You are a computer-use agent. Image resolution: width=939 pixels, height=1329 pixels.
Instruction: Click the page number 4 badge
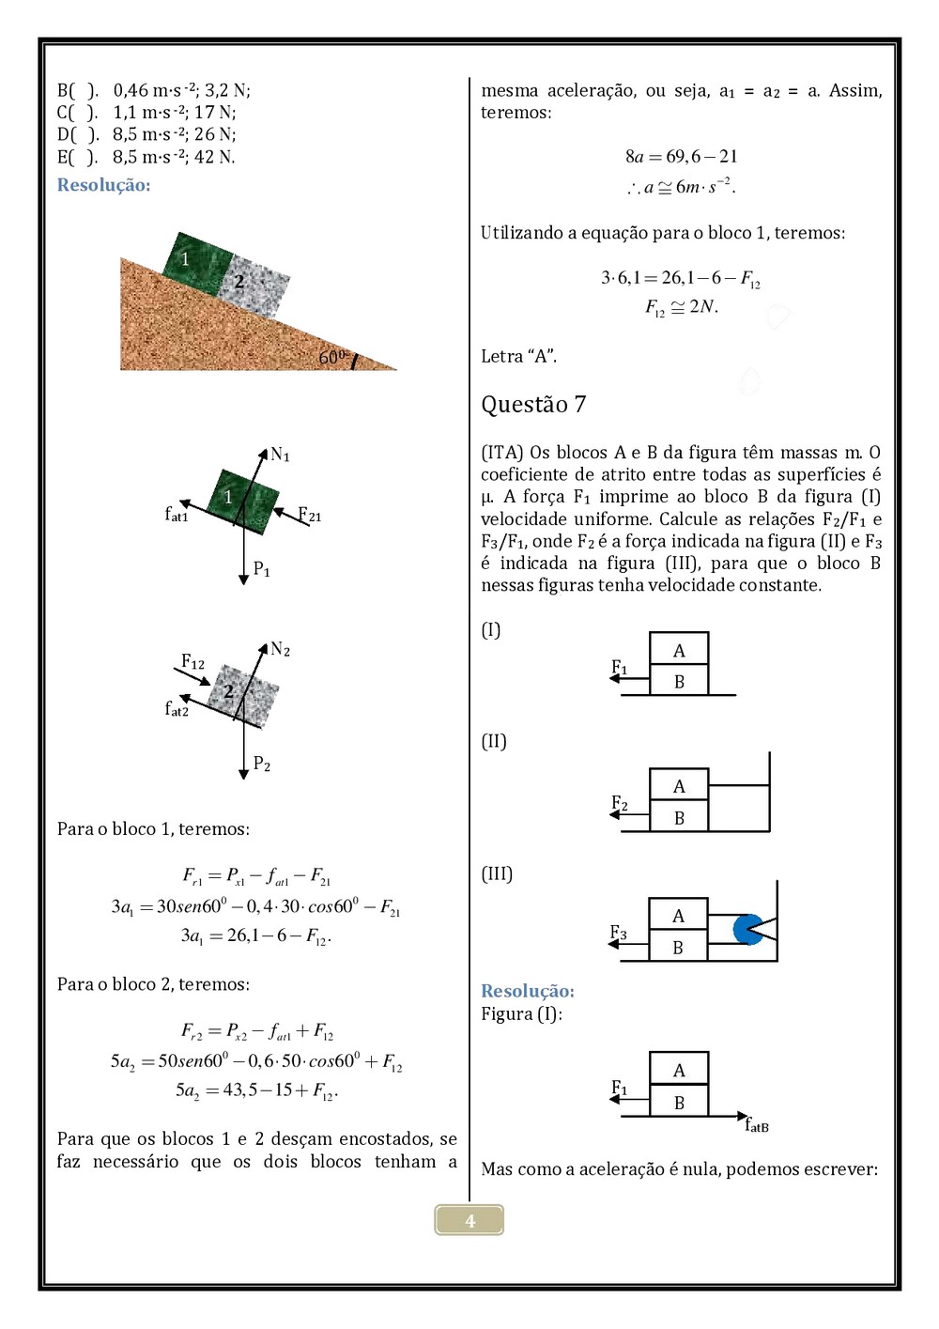click(469, 1220)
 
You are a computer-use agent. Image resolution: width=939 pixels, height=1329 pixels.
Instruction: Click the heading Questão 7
click(533, 405)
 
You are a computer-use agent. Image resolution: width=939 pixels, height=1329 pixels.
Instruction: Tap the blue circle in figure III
click(748, 929)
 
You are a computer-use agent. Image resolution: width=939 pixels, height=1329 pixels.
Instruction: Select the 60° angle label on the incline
click(332, 357)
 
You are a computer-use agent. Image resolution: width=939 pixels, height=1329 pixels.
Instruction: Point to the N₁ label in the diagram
click(280, 456)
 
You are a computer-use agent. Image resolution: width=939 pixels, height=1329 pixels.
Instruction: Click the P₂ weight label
click(262, 765)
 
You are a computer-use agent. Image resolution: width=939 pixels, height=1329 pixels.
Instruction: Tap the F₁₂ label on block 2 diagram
click(192, 662)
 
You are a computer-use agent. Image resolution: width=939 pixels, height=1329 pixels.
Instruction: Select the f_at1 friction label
click(177, 514)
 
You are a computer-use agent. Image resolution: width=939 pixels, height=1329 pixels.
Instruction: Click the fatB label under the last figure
click(757, 1124)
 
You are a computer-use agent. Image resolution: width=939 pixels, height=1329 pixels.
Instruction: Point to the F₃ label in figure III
click(618, 933)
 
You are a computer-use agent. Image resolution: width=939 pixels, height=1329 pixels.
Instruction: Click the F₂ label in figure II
click(620, 803)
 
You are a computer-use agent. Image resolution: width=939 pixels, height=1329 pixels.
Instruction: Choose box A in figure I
click(679, 650)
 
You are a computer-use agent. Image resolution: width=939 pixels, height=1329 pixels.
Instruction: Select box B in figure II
click(679, 818)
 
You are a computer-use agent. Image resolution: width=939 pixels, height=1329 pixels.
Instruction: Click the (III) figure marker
click(497, 873)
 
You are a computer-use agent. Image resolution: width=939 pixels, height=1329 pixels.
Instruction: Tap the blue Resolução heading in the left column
click(103, 185)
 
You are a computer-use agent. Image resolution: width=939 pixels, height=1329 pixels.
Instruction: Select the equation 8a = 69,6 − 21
click(681, 156)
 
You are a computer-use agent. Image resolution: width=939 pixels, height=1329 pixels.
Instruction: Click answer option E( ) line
click(146, 157)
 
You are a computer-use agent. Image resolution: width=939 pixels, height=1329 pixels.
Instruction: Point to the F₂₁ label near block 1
click(309, 515)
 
